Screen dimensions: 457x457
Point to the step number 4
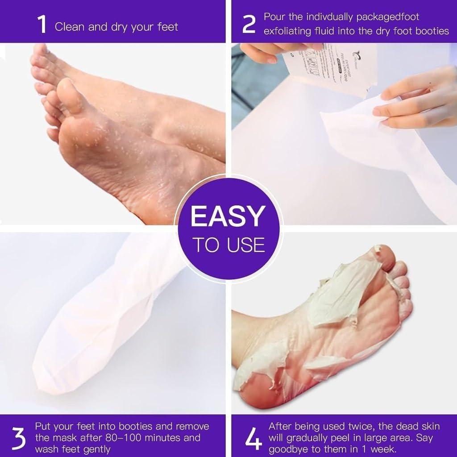[253, 439]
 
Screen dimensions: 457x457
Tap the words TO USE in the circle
[228, 245]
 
